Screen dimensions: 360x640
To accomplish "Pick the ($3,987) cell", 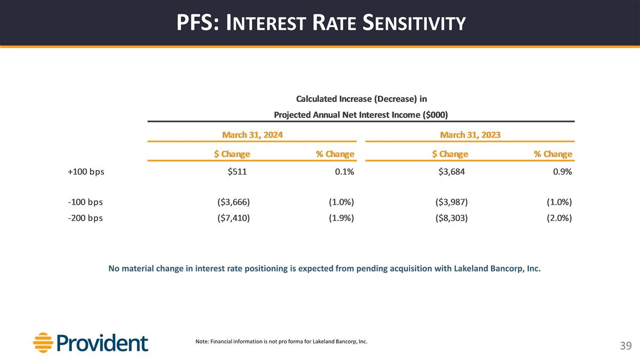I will point(451,202).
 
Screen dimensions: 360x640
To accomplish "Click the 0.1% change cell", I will point(341,172).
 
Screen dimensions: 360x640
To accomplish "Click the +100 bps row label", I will point(86,172).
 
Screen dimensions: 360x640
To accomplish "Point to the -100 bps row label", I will point(85,202).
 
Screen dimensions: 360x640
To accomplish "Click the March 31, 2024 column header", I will point(252,135).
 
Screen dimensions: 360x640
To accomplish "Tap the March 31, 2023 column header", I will point(470,135).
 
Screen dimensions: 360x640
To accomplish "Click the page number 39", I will point(626,346).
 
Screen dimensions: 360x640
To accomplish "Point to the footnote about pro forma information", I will point(282,341).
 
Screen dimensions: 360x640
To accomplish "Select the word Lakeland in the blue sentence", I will point(471,268).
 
